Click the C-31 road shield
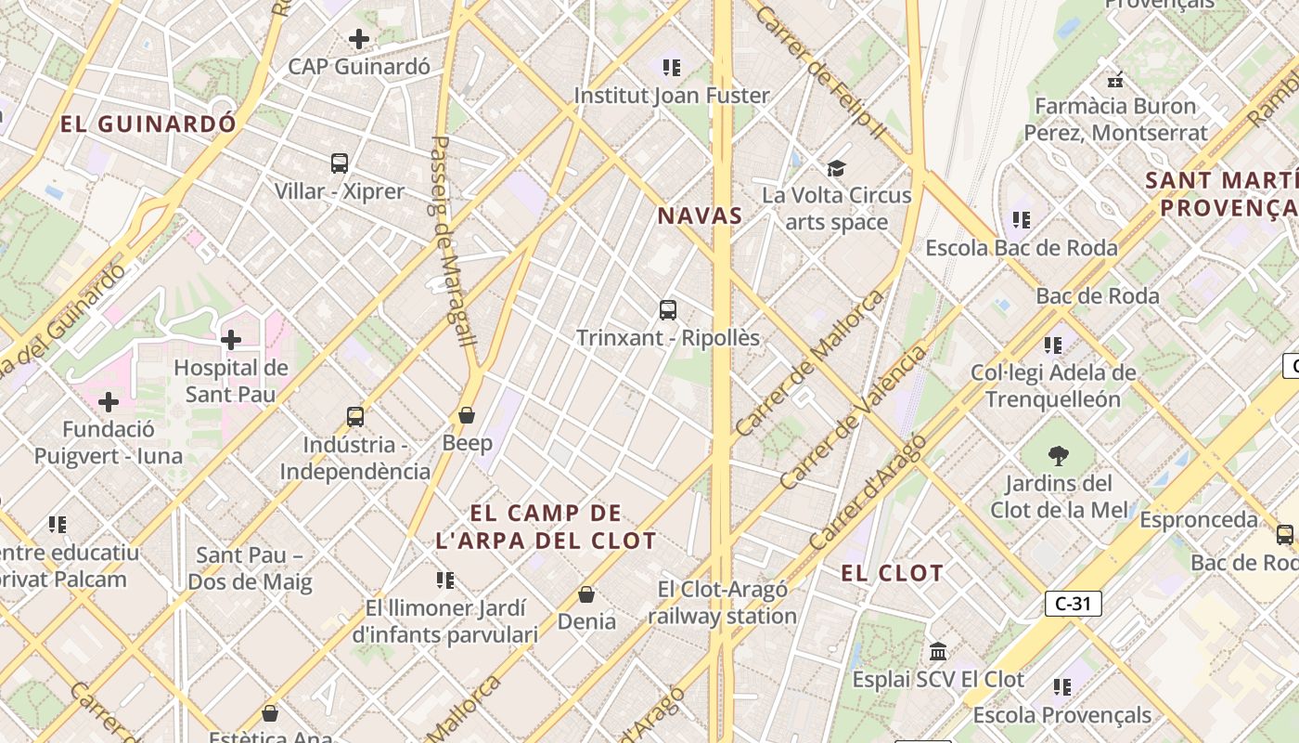tap(1073, 604)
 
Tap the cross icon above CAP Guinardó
tap(358, 39)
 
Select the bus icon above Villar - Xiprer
tap(340, 163)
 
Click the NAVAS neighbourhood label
tap(700, 216)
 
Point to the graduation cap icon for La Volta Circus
tap(837, 168)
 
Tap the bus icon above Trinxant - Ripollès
tap(668, 310)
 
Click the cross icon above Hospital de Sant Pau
tap(231, 340)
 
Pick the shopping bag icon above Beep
tap(467, 415)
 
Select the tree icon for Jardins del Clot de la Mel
tap(1057, 456)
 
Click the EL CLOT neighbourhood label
tap(892, 573)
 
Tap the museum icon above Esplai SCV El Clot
tap(938, 651)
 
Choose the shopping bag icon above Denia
tap(586, 593)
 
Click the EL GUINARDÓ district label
tap(148, 124)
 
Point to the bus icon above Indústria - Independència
tap(355, 417)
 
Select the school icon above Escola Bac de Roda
tap(1022, 220)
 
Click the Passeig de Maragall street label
tap(454, 241)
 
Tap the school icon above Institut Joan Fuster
tap(672, 67)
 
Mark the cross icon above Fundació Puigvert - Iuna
tap(109, 402)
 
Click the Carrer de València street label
tap(853, 418)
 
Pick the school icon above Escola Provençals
tap(1062, 687)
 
